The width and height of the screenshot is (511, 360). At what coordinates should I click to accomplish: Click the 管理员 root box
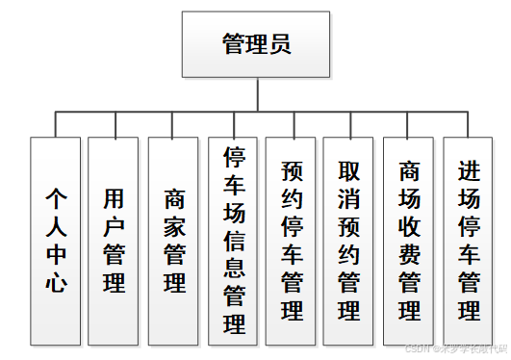(x=255, y=44)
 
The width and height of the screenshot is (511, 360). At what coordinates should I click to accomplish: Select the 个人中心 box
(x=56, y=241)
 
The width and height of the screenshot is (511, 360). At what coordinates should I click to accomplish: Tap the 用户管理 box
(x=115, y=241)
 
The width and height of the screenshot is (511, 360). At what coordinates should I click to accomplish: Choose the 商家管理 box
(x=174, y=241)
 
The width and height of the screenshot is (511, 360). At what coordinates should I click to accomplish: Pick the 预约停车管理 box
(x=292, y=241)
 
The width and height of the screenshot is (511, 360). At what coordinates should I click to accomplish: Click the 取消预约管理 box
(x=349, y=241)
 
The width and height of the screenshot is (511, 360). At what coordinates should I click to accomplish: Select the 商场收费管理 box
(x=410, y=241)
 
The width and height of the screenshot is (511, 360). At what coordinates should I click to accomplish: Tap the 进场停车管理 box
(x=469, y=241)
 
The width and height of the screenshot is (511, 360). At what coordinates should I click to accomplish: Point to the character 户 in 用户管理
(x=115, y=227)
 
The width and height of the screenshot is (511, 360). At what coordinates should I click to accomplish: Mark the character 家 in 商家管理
(x=174, y=227)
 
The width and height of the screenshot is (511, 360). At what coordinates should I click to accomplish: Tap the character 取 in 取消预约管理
(x=349, y=171)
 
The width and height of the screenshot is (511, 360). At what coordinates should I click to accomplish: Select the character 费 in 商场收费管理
(x=410, y=254)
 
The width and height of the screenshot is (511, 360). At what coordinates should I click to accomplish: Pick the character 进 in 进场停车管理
(x=469, y=171)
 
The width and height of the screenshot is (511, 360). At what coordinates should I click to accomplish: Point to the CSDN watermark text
(x=452, y=349)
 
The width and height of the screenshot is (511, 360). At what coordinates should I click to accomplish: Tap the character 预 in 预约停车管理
(x=292, y=171)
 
